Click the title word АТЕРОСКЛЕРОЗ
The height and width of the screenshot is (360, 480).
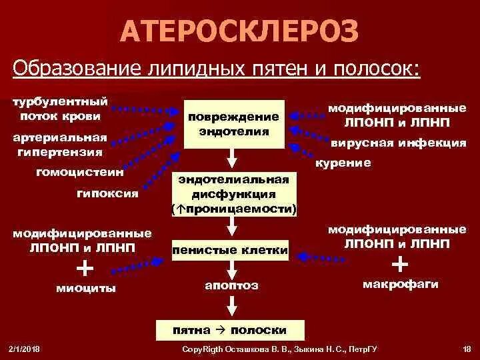tap(241, 31)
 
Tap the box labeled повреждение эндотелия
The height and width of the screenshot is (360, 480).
tap(233, 124)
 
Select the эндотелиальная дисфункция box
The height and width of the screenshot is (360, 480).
tap(233, 194)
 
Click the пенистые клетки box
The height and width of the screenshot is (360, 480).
tap(230, 250)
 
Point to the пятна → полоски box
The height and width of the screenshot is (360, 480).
tap(230, 329)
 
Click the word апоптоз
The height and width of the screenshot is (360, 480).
tap(231, 285)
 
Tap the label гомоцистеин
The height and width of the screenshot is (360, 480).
tap(79, 172)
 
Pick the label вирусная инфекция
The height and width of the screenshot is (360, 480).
tap(398, 142)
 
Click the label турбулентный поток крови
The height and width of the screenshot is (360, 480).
tap(60, 109)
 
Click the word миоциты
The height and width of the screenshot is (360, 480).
tap(87, 288)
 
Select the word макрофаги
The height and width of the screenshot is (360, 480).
tap(400, 284)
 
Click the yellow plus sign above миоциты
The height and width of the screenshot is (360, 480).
tap(85, 267)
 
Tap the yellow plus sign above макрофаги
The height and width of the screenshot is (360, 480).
tap(400, 264)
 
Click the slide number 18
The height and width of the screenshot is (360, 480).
tap(466, 349)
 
